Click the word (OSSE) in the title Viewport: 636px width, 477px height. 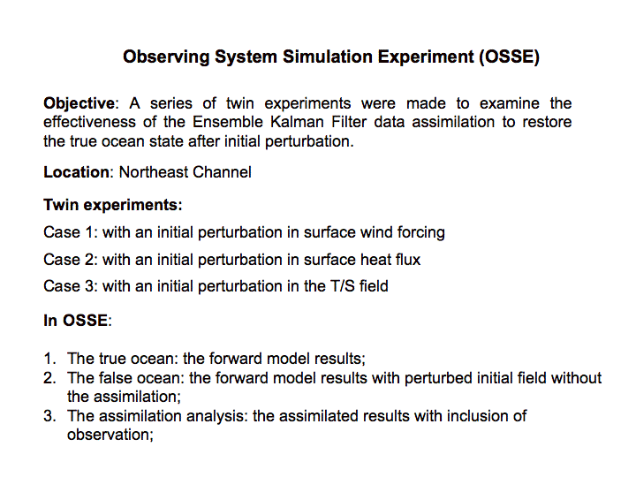(x=509, y=57)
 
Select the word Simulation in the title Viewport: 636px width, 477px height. (x=328, y=57)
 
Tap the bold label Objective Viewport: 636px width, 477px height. (x=79, y=103)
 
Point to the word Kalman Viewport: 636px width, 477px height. (x=297, y=122)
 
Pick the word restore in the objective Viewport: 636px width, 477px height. (x=547, y=122)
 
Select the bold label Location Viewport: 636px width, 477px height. (x=76, y=172)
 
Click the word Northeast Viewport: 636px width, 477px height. (x=153, y=172)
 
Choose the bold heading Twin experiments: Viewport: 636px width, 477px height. (x=113, y=205)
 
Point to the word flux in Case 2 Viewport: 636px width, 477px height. (x=408, y=260)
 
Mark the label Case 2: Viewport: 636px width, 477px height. (x=71, y=260)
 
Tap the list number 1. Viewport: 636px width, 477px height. (x=49, y=359)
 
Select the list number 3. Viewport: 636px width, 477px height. (x=49, y=416)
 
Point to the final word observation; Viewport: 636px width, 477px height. (x=110, y=435)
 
